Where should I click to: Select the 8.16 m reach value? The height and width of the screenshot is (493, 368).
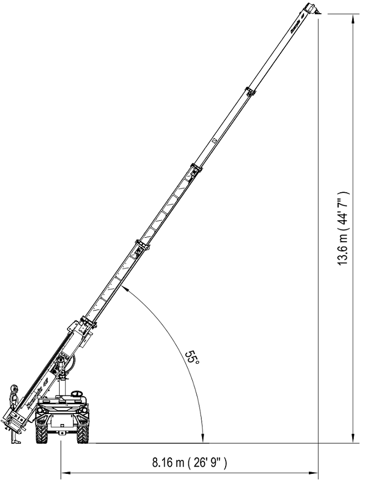(169, 463)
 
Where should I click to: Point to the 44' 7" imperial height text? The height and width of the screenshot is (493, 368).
(343, 209)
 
